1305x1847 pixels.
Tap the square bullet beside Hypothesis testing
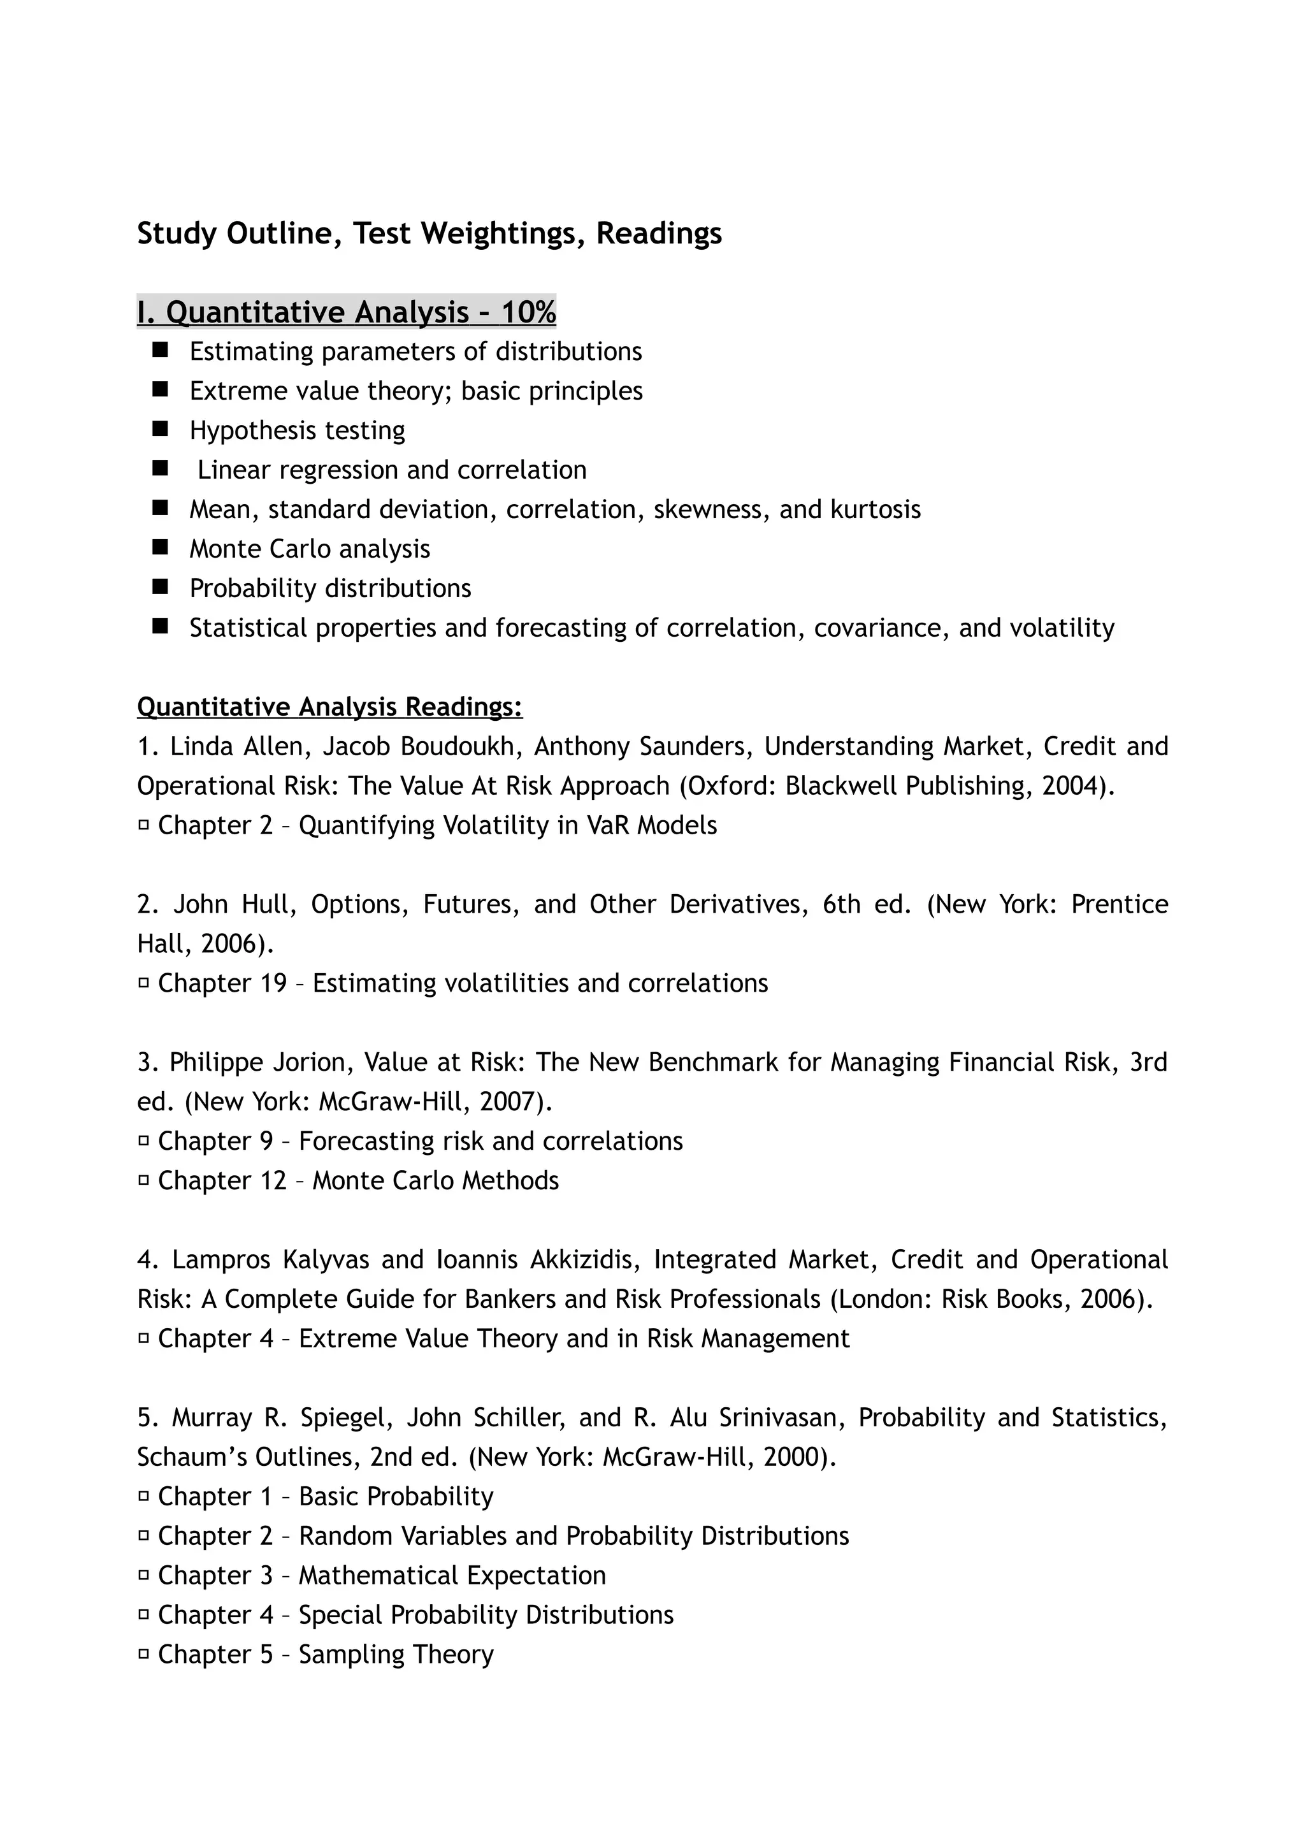pyautogui.click(x=159, y=430)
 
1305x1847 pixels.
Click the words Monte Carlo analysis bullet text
pyautogui.click(x=310, y=549)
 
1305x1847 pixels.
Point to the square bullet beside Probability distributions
pyautogui.click(x=159, y=587)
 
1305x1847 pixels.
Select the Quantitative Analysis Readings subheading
pyautogui.click(x=329, y=706)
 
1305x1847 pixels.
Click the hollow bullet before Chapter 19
pyautogui.click(x=144, y=982)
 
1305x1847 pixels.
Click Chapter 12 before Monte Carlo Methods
pyautogui.click(x=222, y=1180)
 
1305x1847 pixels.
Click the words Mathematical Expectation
pyautogui.click(x=452, y=1574)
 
